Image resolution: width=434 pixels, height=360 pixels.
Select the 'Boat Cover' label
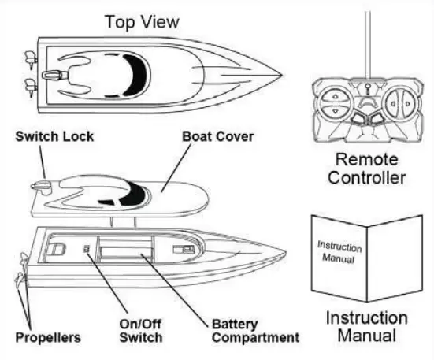pyautogui.click(x=218, y=136)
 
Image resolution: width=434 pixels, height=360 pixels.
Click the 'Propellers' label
pyautogui.click(x=49, y=338)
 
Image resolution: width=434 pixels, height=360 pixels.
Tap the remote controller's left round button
pyautogui.click(x=336, y=101)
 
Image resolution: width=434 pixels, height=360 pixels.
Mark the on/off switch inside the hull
pyautogui.click(x=86, y=251)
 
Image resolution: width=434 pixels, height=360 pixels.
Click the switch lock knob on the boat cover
pyautogui.click(x=39, y=185)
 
